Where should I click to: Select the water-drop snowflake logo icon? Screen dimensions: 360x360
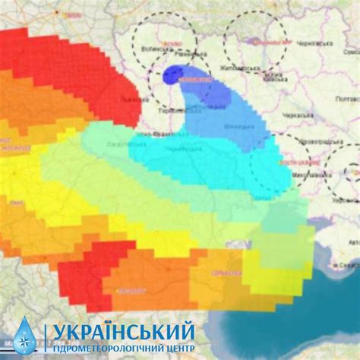pos(24,337)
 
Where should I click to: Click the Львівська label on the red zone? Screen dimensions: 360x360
pos(132,100)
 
